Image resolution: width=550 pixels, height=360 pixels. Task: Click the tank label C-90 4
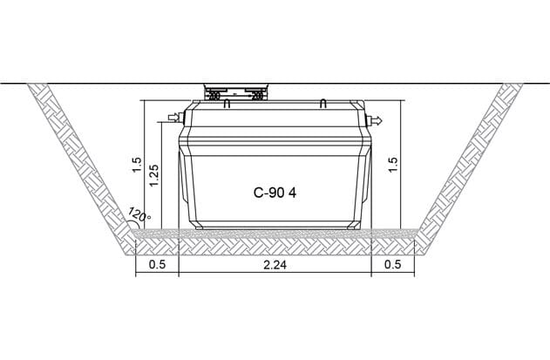[275, 193]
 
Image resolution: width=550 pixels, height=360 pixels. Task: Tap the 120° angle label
[139, 214]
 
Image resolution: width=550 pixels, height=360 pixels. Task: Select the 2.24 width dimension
[275, 265]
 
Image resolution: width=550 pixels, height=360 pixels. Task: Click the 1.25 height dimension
[154, 175]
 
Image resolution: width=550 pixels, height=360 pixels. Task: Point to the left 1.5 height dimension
[137, 165]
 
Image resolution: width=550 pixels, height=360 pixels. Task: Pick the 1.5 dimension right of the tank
[393, 164]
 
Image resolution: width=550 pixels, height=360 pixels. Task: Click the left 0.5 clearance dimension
[157, 265]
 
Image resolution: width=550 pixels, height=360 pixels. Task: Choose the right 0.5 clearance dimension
[393, 265]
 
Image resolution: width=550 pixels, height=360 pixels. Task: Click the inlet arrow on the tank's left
[173, 117]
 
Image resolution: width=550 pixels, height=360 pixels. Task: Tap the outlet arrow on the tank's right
[377, 120]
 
